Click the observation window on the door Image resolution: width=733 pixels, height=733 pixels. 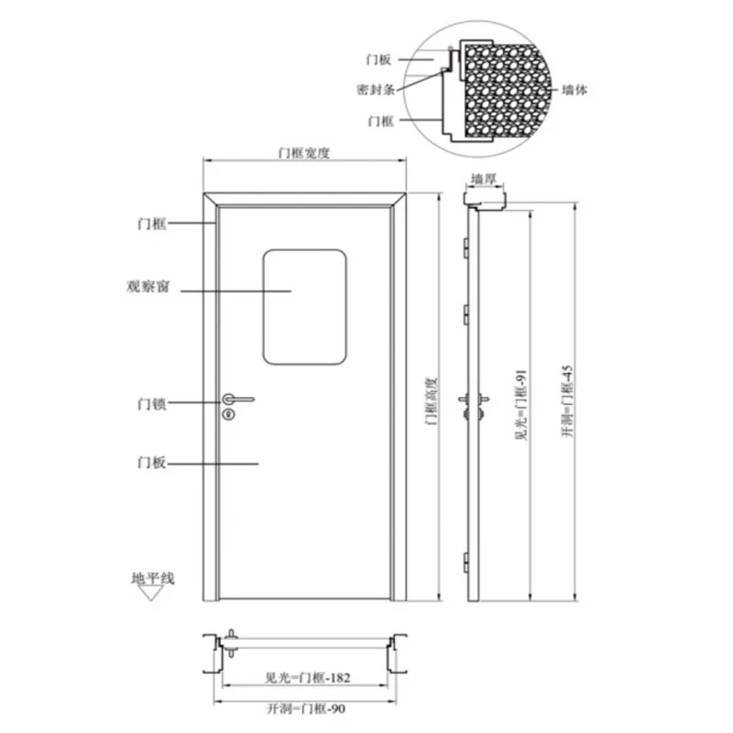(x=304, y=307)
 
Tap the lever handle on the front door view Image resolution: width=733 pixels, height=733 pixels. (x=238, y=399)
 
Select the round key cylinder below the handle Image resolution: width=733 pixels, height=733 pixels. (x=228, y=414)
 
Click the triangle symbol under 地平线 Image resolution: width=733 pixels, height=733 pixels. (x=150, y=593)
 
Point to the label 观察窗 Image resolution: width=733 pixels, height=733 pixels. (x=148, y=286)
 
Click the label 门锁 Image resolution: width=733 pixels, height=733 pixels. (x=152, y=403)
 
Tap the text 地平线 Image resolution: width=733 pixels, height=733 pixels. (x=153, y=578)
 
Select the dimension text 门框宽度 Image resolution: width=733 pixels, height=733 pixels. (x=304, y=153)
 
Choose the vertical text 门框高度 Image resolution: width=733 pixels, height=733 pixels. (x=431, y=401)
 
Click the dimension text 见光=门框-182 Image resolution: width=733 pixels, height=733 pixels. (x=308, y=677)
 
